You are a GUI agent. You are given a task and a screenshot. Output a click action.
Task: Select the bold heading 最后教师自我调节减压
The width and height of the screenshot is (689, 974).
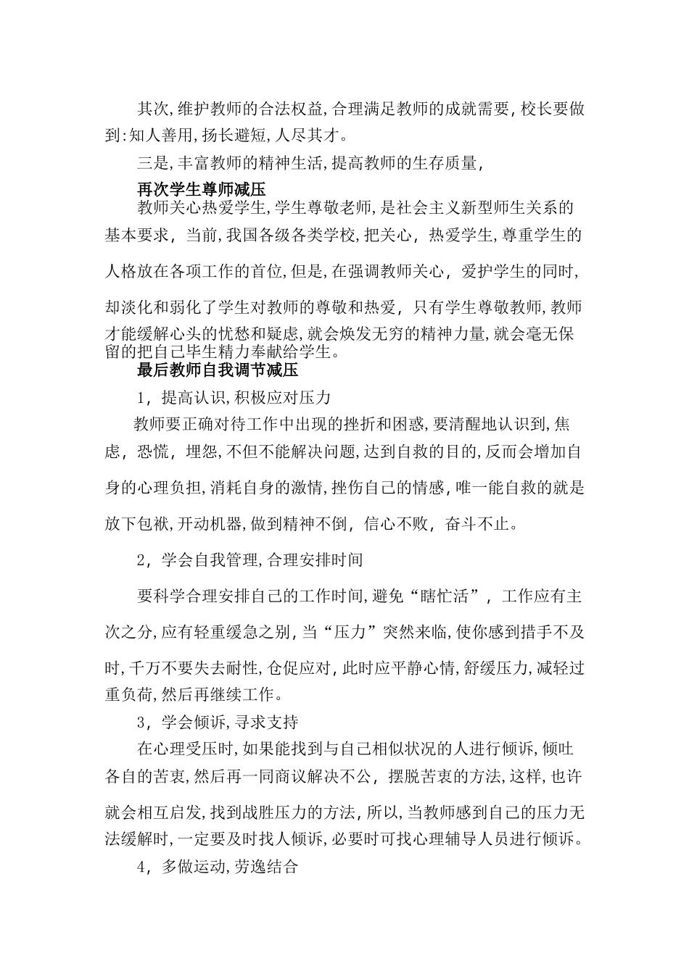tap(218, 371)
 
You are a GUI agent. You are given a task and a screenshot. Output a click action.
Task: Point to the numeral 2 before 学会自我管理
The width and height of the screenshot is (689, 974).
tap(142, 560)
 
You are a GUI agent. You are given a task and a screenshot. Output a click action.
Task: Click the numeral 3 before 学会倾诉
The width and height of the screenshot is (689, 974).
tap(142, 723)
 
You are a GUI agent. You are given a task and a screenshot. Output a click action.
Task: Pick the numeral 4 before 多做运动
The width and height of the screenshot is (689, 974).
tap(142, 867)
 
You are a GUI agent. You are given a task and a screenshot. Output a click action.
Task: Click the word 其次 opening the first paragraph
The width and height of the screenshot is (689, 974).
tap(153, 109)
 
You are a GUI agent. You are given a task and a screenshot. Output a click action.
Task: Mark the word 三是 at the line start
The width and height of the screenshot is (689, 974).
tap(153, 163)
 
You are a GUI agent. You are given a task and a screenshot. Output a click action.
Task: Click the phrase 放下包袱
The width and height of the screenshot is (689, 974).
tap(137, 523)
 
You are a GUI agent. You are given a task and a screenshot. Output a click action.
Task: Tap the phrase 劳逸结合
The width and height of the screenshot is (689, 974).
tap(266, 867)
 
